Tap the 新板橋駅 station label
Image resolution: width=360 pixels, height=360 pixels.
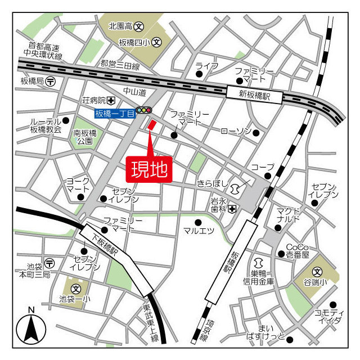[254, 95]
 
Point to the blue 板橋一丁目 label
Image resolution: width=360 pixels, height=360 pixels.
[115, 113]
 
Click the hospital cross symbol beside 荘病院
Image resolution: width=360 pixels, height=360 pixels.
[111, 101]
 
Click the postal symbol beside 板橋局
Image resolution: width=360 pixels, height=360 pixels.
[51, 80]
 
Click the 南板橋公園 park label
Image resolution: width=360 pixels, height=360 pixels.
[86, 137]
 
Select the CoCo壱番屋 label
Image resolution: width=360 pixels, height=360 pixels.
[298, 250]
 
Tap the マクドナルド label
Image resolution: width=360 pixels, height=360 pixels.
[289, 215]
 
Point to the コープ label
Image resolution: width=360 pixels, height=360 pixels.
[262, 167]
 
